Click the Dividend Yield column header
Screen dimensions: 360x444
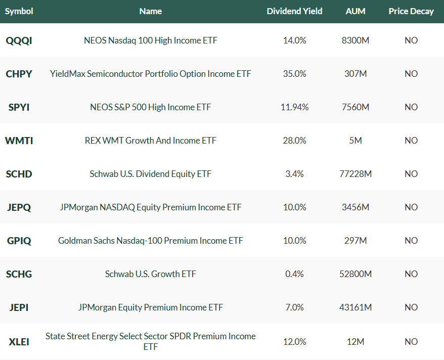pos(294,11)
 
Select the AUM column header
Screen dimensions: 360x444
pos(356,11)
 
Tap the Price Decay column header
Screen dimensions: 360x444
pos(411,11)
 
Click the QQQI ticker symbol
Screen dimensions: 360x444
pos(19,40)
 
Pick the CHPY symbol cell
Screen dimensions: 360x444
pos(19,74)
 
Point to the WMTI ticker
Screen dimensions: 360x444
pos(19,141)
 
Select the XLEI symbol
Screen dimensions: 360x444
pos(19,342)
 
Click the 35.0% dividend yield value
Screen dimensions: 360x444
pos(294,74)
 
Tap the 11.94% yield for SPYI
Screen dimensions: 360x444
pos(294,107)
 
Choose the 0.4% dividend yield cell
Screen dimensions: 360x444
pos(294,274)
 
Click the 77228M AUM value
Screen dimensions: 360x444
pos(356,174)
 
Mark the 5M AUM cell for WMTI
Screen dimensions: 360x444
pos(356,141)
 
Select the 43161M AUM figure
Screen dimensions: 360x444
pos(356,307)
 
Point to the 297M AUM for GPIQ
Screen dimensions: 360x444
pos(356,241)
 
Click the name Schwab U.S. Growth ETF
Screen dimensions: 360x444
pos(150,274)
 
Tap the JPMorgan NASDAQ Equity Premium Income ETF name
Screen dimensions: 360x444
pos(150,207)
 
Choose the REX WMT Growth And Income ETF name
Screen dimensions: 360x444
pos(150,141)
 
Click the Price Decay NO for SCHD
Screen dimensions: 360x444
pos(411,174)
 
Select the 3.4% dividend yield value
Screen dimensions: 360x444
pos(294,174)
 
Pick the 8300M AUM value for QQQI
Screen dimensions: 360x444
pos(356,40)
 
